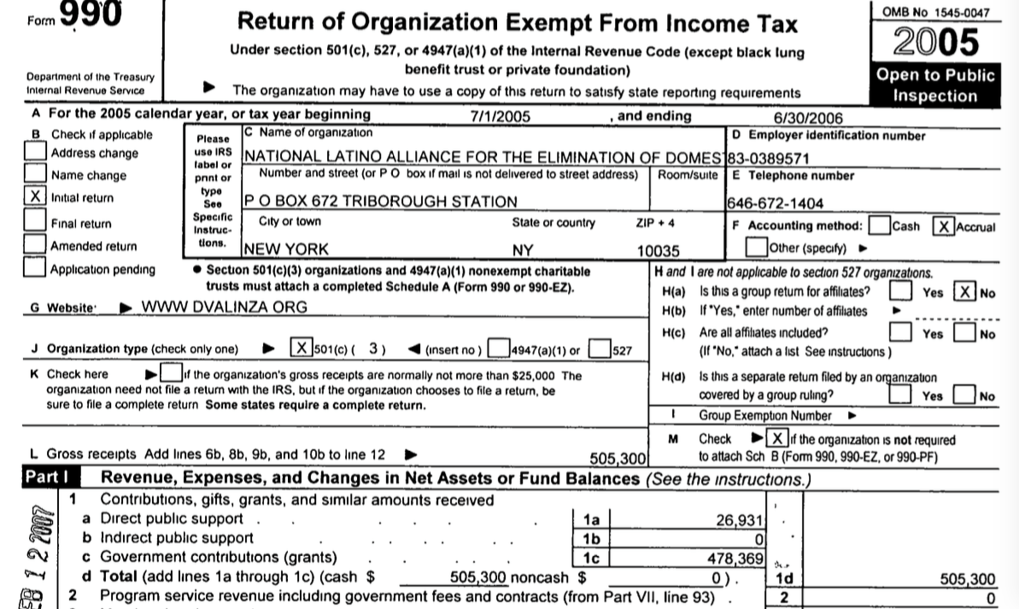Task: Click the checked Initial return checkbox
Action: tap(35, 197)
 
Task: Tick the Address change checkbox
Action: tap(35, 151)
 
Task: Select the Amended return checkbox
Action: tap(35, 244)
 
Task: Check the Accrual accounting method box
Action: tap(944, 226)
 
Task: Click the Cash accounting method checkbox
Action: tap(878, 226)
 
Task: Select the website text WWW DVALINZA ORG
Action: tap(225, 307)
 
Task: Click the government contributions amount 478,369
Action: tap(734, 558)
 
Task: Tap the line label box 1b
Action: tap(591, 539)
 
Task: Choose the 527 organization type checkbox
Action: tap(600, 348)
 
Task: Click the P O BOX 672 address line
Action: tap(381, 202)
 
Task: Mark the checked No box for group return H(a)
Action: tap(964, 291)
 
